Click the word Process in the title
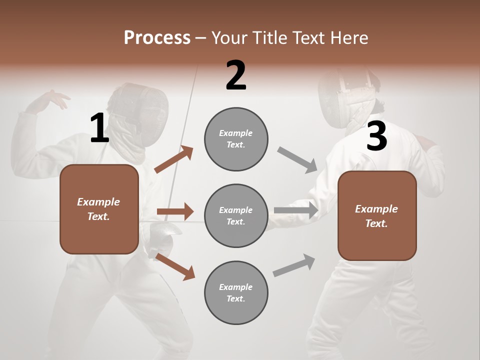pos(157,37)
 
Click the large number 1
pos(99,128)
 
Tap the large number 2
pos(236,75)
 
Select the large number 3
pos(376,136)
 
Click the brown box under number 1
pos(99,209)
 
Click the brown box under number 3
pos(377,215)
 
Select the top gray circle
pos(236,139)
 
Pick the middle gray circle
pos(236,215)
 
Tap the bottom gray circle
pos(236,292)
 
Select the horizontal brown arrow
pos(175,211)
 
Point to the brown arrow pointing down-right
pos(175,266)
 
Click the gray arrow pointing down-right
pos(297,160)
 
